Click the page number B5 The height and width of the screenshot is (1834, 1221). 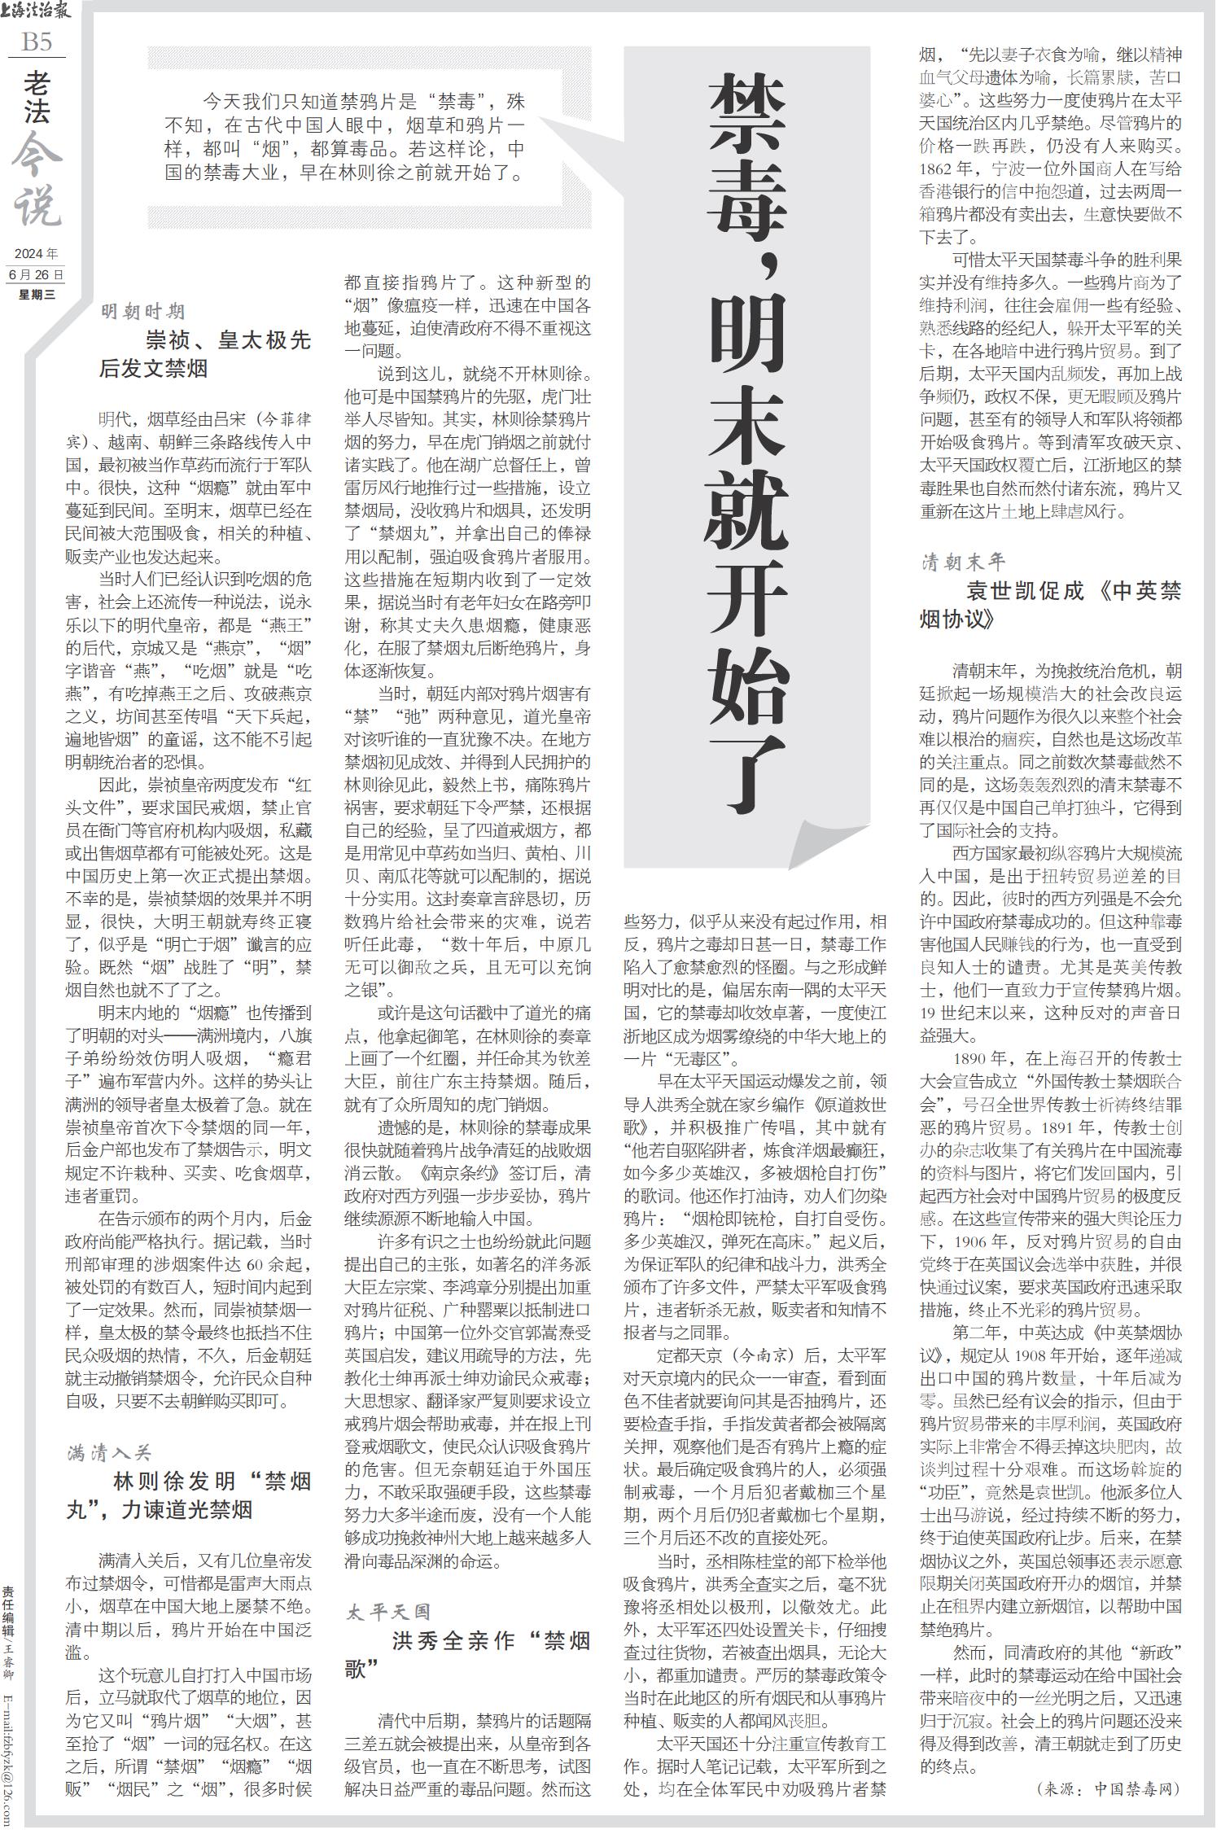pyautogui.click(x=37, y=42)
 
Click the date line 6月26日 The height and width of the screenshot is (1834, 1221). pyautogui.click(x=37, y=274)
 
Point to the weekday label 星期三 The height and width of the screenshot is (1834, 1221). pyautogui.click(x=37, y=294)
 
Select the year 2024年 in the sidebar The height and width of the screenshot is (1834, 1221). pyautogui.click(x=37, y=254)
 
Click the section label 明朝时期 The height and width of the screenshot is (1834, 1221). pyautogui.click(x=142, y=312)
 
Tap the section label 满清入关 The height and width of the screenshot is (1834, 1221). pyautogui.click(x=109, y=1453)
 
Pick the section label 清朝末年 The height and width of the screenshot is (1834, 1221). pyautogui.click(x=964, y=562)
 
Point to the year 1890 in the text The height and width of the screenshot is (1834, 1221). pyautogui.click(x=977, y=1059)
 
